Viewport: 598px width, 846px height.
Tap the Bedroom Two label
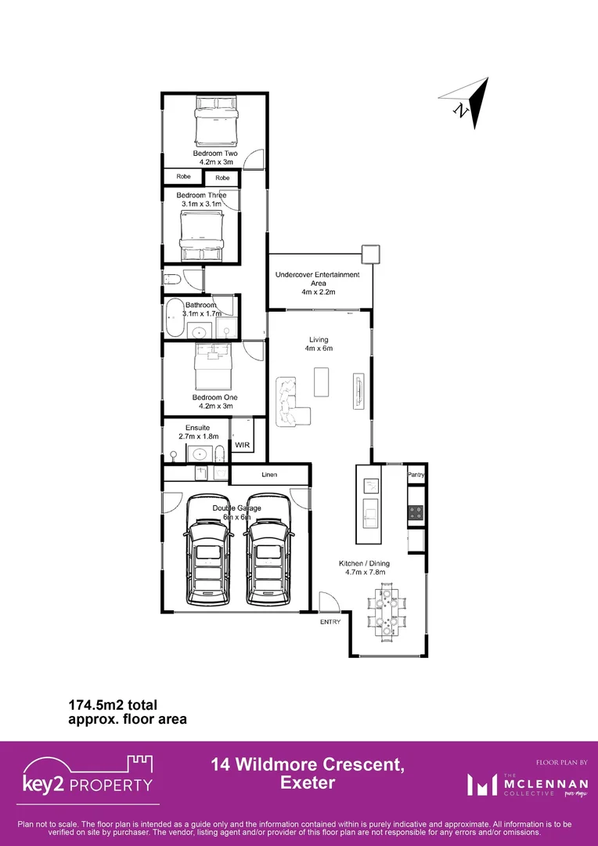(x=215, y=154)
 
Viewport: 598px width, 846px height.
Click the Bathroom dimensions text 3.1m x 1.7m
(x=201, y=313)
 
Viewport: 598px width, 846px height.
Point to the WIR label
(x=242, y=445)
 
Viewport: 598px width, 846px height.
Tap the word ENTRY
(x=330, y=622)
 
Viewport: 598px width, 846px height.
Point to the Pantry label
(x=416, y=475)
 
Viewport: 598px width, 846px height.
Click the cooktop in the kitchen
(x=416, y=513)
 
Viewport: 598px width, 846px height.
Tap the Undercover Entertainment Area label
(x=317, y=280)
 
